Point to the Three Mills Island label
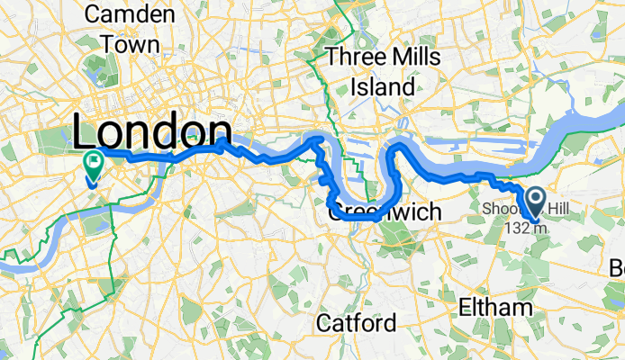click(x=383, y=72)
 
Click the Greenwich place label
click(x=385, y=212)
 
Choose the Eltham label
click(x=489, y=308)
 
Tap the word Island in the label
click(x=383, y=87)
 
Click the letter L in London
click(x=86, y=133)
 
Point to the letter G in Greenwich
click(x=335, y=213)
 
